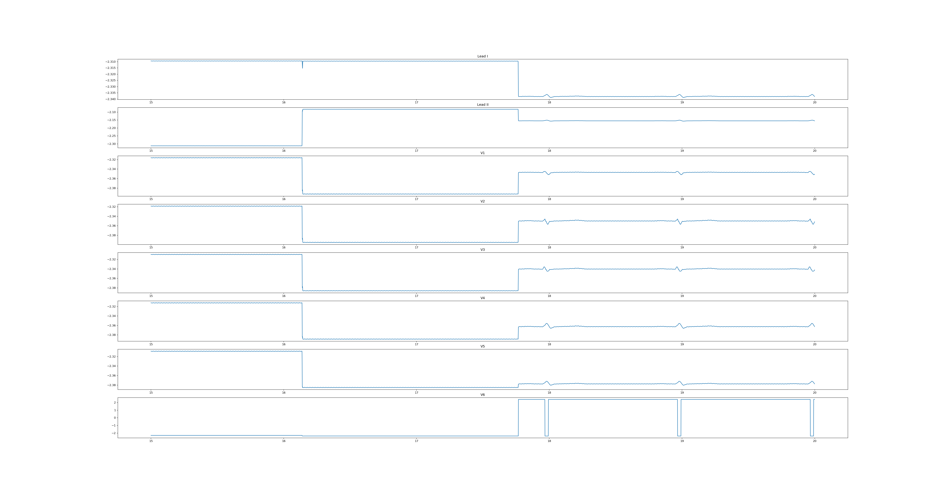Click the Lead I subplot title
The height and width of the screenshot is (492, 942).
(x=482, y=56)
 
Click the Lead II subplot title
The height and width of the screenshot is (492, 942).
(x=482, y=105)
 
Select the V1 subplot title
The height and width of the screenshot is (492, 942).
(x=482, y=153)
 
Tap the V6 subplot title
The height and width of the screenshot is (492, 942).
(x=482, y=395)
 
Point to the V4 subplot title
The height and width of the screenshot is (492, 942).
(x=482, y=298)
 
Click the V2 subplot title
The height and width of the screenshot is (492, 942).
(x=482, y=201)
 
